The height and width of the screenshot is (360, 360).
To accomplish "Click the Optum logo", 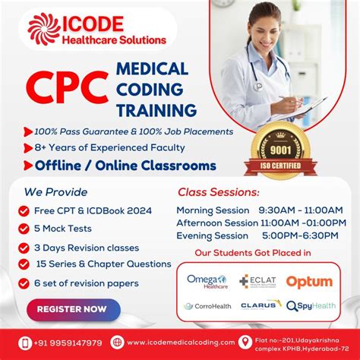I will pyautogui.click(x=308, y=282).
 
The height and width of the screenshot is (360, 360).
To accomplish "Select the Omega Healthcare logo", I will pyautogui.click(x=207, y=282).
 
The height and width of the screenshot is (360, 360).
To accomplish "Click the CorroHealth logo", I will pyautogui.click(x=207, y=306).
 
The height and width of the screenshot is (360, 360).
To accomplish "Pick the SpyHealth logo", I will pyautogui.click(x=311, y=306).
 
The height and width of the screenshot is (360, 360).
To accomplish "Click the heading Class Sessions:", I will pyautogui.click(x=218, y=192).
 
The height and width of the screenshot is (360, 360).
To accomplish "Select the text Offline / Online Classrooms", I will pyautogui.click(x=125, y=166).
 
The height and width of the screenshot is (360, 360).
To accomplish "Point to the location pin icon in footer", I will pyautogui.click(x=245, y=343).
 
